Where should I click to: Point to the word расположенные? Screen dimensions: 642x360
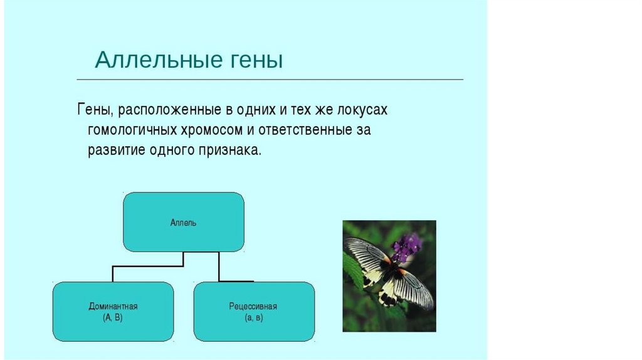[x=170, y=110]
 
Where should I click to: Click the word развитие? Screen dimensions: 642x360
[x=116, y=151]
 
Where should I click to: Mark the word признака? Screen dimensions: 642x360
[x=229, y=151]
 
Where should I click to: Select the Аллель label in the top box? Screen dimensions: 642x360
[x=184, y=223]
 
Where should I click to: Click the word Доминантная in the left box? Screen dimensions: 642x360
[x=113, y=306]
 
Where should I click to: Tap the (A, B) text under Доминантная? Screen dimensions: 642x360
[x=113, y=317]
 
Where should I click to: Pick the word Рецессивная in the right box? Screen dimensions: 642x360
[x=253, y=306]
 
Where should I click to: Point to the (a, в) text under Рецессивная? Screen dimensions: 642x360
[x=254, y=317]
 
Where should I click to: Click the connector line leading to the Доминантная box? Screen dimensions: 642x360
[x=148, y=266]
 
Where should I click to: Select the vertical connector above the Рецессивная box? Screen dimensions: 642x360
[x=219, y=267]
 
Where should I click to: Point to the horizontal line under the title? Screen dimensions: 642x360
[x=270, y=80]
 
